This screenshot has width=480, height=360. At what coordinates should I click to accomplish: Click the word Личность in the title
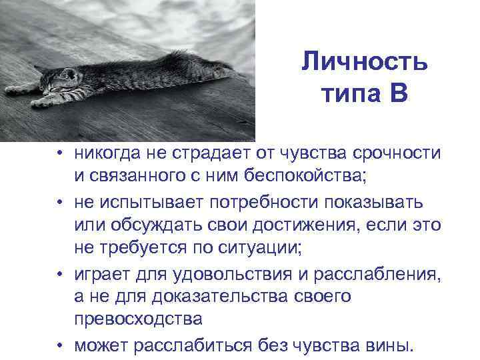[x=364, y=63]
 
